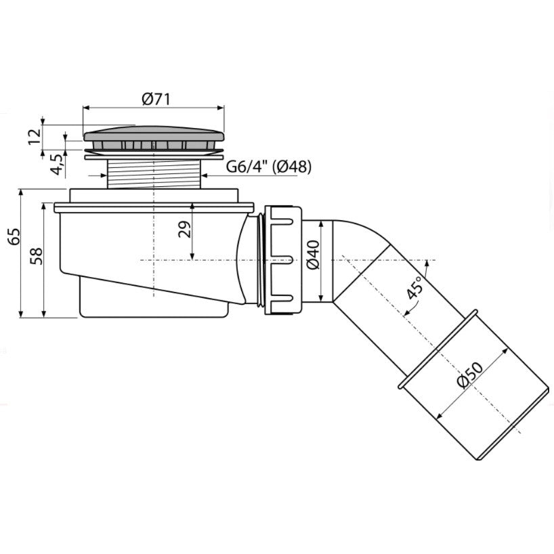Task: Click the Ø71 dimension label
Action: coord(156,100)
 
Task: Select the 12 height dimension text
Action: coord(35,136)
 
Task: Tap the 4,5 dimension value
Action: coord(58,165)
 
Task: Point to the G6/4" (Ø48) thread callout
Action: coord(269,167)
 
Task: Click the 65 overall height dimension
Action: coord(15,236)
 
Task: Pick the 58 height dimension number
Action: coord(36,256)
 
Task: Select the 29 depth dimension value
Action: coord(184,229)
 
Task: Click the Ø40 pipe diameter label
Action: coord(313,255)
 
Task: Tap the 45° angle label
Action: coord(414,287)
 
